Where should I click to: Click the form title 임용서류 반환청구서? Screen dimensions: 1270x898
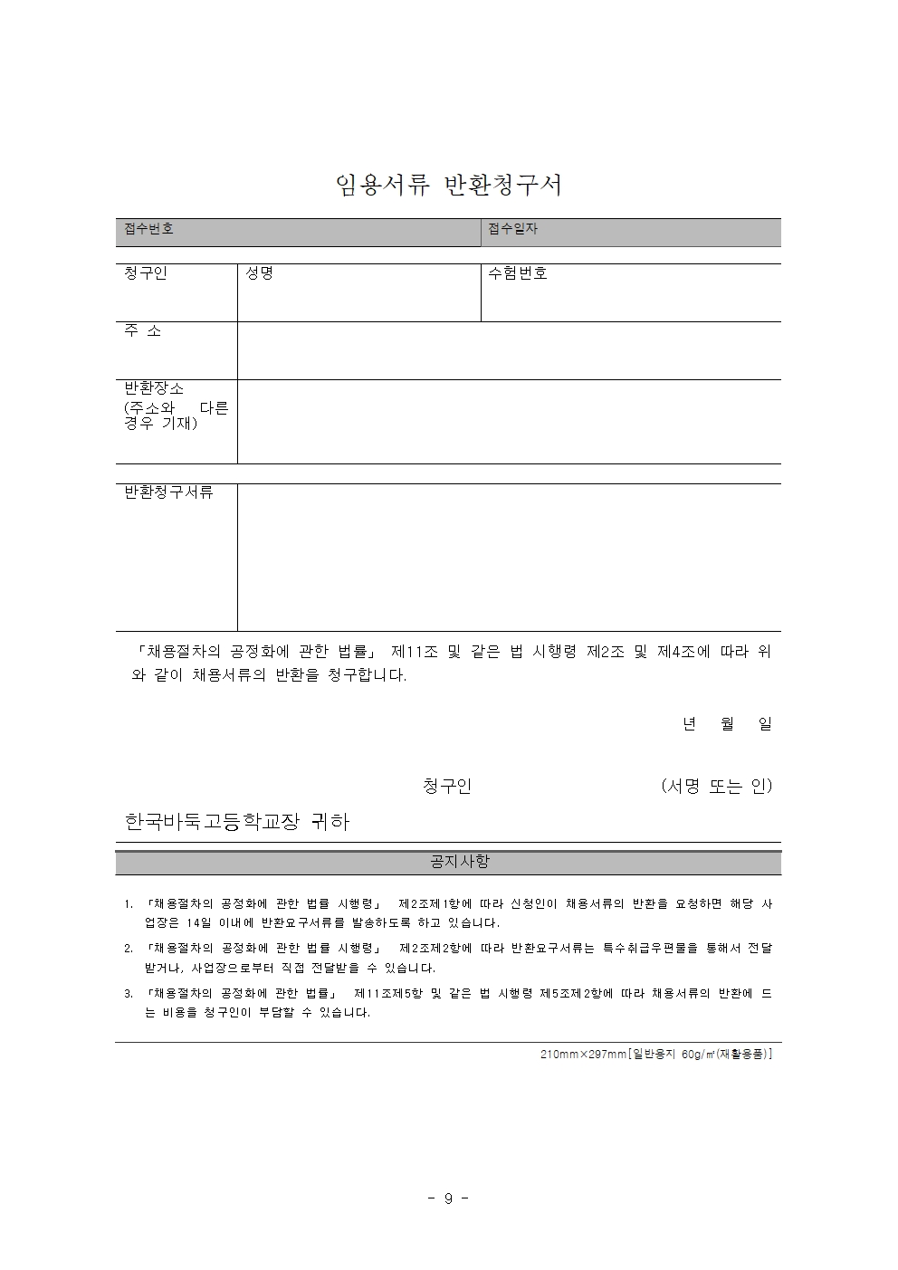(449, 185)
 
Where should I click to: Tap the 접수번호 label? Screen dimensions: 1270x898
(148, 229)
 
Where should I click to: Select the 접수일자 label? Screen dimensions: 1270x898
(512, 229)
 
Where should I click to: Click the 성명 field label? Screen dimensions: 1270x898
(259, 273)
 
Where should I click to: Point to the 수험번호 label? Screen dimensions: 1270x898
(518, 273)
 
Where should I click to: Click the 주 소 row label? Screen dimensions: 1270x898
(142, 331)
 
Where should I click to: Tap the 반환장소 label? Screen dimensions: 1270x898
(154, 388)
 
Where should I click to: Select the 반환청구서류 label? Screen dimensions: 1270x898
(168, 492)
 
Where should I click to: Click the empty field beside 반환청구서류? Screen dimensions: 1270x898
(509, 557)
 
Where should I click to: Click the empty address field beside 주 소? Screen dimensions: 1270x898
(509, 350)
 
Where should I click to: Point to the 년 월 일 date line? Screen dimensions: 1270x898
(727, 724)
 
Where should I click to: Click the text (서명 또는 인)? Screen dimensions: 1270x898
(716, 787)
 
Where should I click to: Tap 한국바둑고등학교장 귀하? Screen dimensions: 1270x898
(236, 822)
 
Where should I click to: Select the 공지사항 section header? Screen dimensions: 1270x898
(460, 862)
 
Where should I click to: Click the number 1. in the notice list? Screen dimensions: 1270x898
(129, 904)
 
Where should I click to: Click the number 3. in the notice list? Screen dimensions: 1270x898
(129, 994)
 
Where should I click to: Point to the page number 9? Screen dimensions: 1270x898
(448, 1198)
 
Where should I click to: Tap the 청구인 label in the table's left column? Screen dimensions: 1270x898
(146, 273)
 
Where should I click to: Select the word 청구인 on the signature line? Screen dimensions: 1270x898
(447, 787)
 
